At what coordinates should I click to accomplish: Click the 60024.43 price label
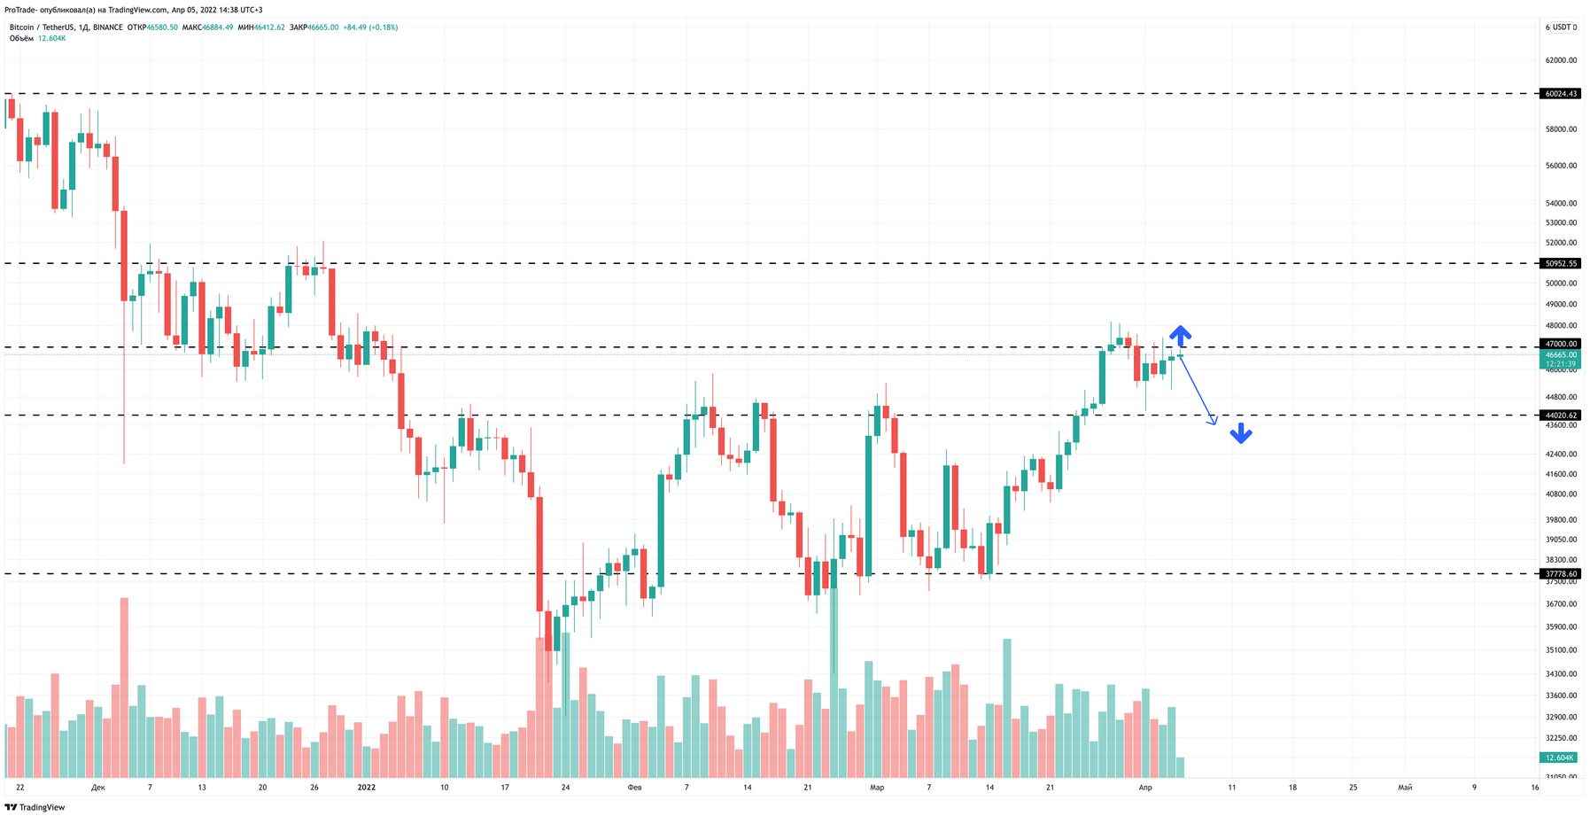click(1561, 94)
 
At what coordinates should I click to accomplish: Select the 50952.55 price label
click(1561, 263)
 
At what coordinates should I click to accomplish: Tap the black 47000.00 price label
click(1561, 344)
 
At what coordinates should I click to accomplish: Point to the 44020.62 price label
click(1561, 416)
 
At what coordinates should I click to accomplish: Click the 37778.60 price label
click(1561, 574)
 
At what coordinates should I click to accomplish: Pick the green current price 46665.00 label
click(1561, 354)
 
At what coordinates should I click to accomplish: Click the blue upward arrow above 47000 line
click(1180, 335)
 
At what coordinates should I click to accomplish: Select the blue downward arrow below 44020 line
click(1240, 433)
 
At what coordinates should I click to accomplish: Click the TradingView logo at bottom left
click(35, 807)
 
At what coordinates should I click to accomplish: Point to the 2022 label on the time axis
click(367, 787)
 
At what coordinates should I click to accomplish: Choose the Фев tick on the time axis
click(634, 787)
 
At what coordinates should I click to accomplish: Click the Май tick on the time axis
click(1405, 787)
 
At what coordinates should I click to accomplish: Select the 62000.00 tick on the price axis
click(1561, 60)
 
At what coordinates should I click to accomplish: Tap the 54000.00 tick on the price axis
click(1561, 203)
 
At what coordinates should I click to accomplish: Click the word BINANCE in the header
click(108, 27)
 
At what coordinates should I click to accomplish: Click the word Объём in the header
click(21, 39)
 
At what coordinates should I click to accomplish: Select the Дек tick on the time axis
click(97, 787)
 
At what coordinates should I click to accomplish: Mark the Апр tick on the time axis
click(1144, 787)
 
